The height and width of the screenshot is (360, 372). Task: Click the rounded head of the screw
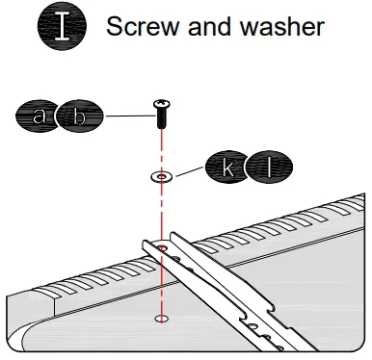click(161, 104)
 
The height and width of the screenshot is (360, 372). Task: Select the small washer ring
click(161, 177)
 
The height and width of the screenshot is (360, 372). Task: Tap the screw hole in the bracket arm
click(161, 249)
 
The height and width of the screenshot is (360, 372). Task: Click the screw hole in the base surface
click(161, 319)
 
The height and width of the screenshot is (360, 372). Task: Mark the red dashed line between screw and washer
click(161, 149)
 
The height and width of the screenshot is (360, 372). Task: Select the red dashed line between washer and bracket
click(161, 212)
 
